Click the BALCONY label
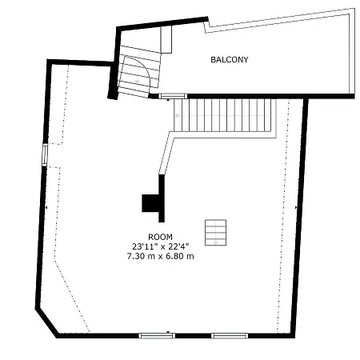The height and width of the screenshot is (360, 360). click(x=230, y=60)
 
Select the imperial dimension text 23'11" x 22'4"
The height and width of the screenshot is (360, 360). click(x=160, y=246)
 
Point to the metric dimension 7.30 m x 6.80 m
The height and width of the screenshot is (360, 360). click(x=160, y=256)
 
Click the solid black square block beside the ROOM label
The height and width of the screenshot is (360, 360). click(x=150, y=203)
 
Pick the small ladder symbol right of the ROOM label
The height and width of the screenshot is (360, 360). click(x=215, y=232)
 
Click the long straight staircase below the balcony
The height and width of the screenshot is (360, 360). click(x=228, y=114)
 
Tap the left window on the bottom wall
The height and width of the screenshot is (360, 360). click(x=156, y=335)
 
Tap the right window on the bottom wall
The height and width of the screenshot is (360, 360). click(x=230, y=335)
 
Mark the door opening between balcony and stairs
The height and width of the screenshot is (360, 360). click(x=172, y=96)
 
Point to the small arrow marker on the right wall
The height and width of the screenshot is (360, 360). click(x=296, y=207)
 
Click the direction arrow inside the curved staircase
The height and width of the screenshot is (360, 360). click(x=138, y=81)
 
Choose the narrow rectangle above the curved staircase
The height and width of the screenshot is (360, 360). click(x=166, y=39)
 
